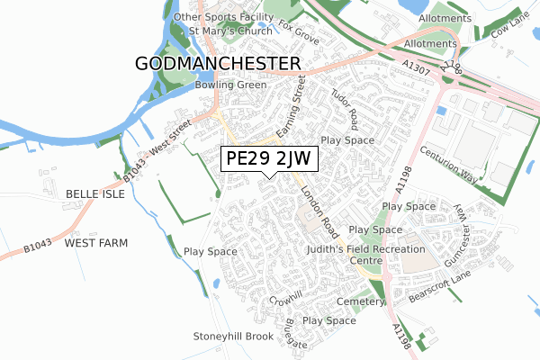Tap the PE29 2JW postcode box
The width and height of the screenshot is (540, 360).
tap(268, 158)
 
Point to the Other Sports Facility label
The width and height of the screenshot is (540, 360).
tap(223, 17)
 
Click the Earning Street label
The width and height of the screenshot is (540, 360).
tap(292, 107)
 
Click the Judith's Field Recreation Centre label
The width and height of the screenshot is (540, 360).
tap(364, 254)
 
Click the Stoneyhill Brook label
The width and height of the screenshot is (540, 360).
tap(232, 337)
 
